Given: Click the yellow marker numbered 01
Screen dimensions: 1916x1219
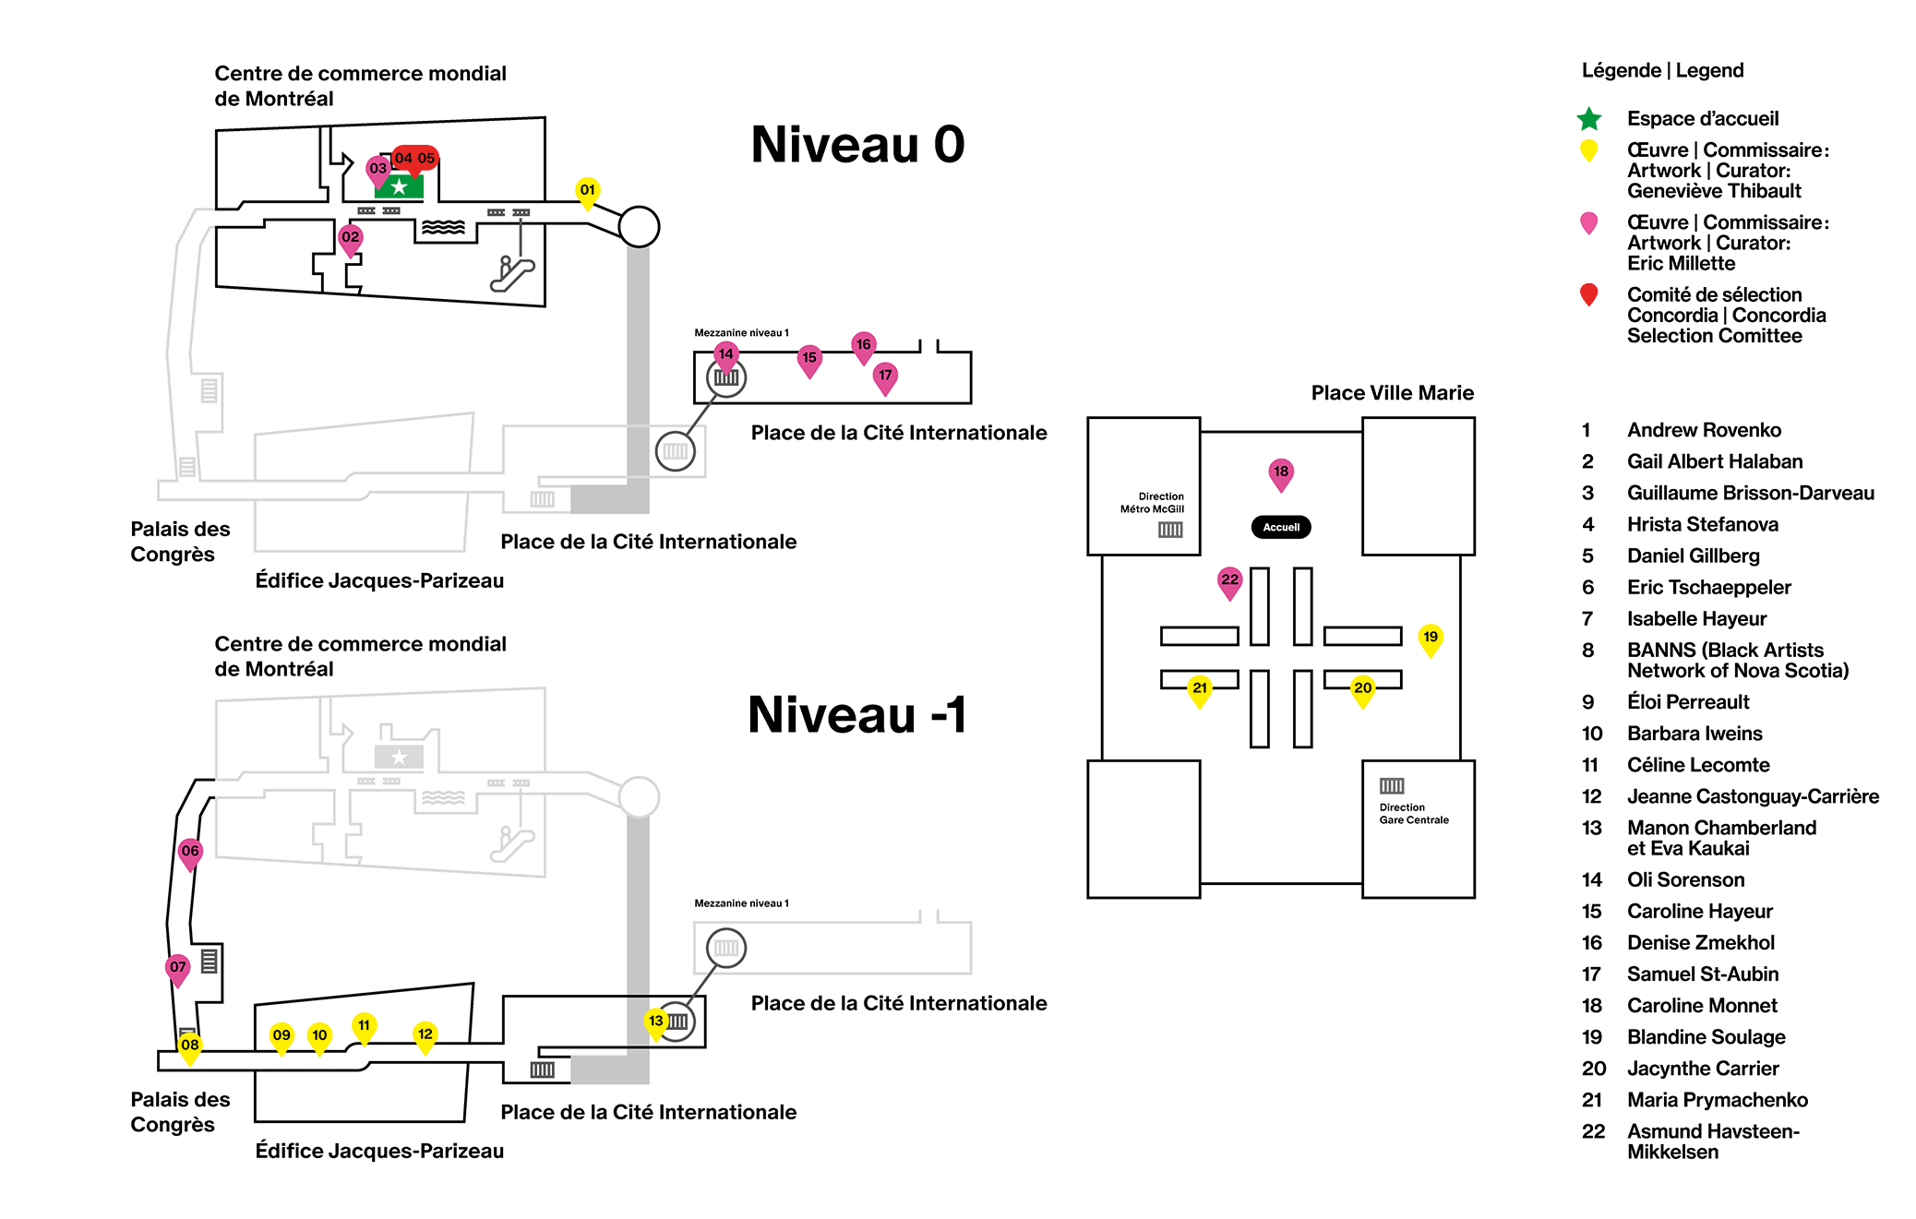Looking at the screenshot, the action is coord(587,192).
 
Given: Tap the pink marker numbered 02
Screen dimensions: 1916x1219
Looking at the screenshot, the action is coord(351,239).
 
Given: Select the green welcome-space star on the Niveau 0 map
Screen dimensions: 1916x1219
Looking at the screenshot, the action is coord(399,186).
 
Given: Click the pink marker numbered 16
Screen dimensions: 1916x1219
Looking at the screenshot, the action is coord(863,347).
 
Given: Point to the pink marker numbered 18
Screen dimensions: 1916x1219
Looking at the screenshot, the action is coord(1281,473).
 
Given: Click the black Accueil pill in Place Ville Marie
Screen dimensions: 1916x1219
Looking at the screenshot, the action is coord(1281,527).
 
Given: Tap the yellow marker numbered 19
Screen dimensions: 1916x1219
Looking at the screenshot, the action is coord(1431,639).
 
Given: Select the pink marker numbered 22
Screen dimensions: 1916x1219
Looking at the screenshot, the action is coord(1229,582).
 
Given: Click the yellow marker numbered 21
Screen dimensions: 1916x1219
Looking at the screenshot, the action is coord(1200,690).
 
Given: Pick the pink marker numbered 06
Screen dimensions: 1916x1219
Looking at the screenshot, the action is coord(190,854).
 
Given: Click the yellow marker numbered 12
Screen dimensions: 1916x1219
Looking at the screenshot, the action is coord(425,1036).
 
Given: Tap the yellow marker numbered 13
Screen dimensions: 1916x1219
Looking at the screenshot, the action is coord(655,1023).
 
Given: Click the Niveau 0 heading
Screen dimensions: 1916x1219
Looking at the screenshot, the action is coord(857,144).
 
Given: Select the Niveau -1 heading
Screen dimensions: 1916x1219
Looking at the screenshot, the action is coord(857,714).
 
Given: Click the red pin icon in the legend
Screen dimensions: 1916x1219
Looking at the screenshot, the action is coord(1588,294).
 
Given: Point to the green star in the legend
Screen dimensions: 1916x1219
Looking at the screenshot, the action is coord(1589,119).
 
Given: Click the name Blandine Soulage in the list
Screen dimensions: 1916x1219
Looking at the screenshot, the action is coord(1706,1037).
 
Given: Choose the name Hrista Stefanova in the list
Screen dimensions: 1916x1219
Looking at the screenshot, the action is coord(1703,524).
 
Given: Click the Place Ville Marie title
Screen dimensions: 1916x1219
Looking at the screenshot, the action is coord(1393,393).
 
